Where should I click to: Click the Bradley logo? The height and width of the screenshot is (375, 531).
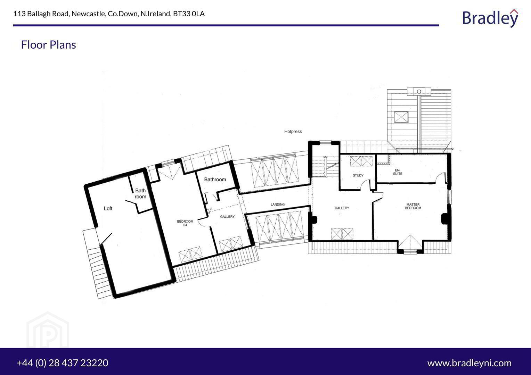[490, 18]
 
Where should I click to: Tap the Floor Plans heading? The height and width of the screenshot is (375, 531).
[48, 45]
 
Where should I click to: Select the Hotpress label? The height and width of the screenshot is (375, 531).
[293, 132]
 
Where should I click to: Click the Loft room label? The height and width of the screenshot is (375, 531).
[108, 208]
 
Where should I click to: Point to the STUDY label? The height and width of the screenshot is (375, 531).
[358, 175]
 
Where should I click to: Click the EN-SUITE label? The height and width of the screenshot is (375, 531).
[398, 172]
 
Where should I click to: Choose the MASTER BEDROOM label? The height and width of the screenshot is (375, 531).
[413, 206]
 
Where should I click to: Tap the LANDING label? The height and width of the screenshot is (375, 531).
[278, 205]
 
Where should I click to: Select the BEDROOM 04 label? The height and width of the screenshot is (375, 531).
[185, 223]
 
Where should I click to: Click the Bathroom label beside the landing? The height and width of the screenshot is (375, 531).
[215, 180]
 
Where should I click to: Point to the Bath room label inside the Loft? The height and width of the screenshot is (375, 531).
[140, 193]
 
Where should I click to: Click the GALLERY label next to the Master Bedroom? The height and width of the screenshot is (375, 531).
[342, 208]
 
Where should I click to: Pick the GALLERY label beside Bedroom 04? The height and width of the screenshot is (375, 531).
[227, 217]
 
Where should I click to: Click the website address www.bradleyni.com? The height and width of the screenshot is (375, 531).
[469, 363]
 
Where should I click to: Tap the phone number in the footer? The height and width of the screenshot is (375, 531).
[62, 363]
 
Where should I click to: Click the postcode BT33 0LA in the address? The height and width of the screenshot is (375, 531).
[189, 14]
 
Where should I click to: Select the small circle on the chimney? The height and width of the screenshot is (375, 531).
[419, 91]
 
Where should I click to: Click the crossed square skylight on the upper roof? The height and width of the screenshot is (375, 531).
[401, 117]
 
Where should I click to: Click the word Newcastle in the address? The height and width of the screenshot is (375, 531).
[88, 14]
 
